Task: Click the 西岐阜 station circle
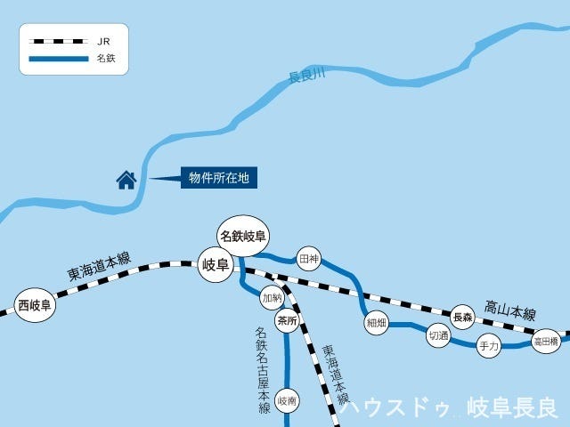(x=35, y=306)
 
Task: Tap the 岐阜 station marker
(x=216, y=264)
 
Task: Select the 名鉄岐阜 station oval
(x=244, y=236)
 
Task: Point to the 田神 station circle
(x=308, y=259)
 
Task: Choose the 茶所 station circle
(x=286, y=321)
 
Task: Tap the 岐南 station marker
(x=287, y=401)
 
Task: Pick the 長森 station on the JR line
(x=462, y=317)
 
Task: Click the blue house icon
(x=126, y=181)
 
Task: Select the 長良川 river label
(x=307, y=78)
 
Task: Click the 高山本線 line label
(x=510, y=312)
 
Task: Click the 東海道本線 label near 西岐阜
(x=100, y=266)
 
